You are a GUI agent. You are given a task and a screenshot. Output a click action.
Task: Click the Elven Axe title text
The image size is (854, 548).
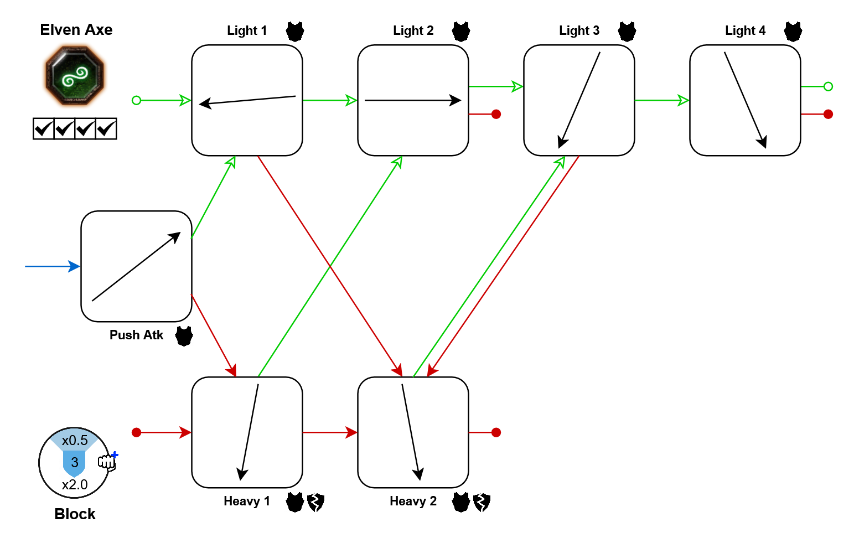[76, 30]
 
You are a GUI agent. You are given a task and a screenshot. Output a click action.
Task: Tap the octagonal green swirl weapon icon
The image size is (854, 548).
[75, 76]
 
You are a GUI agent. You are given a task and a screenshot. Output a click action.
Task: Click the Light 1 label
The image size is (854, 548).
[247, 31]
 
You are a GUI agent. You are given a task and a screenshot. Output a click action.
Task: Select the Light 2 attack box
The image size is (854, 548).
[413, 100]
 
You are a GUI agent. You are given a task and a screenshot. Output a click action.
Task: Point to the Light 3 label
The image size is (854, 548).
[579, 31]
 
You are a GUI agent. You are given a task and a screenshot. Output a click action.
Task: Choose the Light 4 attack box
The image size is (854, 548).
[745, 100]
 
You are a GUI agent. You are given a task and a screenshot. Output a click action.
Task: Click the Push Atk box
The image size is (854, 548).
[136, 266]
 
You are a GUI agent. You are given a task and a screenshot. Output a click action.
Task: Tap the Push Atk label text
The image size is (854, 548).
[136, 335]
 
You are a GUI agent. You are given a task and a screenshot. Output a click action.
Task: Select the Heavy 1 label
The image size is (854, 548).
[247, 501]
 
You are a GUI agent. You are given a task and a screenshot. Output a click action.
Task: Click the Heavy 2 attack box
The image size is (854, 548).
[413, 432]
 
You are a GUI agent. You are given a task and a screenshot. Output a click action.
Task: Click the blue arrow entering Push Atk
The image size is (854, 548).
[53, 266]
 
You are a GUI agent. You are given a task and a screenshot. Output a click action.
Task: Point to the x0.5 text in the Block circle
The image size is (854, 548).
[75, 441]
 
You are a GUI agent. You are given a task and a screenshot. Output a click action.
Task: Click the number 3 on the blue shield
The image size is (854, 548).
[75, 463]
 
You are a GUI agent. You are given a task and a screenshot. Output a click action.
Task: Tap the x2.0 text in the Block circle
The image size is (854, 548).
[75, 485]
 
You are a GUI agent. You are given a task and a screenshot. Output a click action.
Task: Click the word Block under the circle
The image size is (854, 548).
[75, 514]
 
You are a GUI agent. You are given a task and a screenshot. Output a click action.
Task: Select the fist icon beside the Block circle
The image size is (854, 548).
[107, 462]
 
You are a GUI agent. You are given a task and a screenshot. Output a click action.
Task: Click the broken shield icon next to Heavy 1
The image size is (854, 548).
[315, 502]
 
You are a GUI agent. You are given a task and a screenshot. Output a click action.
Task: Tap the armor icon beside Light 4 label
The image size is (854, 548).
[793, 32]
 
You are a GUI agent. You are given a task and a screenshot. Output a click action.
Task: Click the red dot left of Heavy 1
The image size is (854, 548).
[137, 432]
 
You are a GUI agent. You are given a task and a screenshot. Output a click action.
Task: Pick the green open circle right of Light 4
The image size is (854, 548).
[828, 86]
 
